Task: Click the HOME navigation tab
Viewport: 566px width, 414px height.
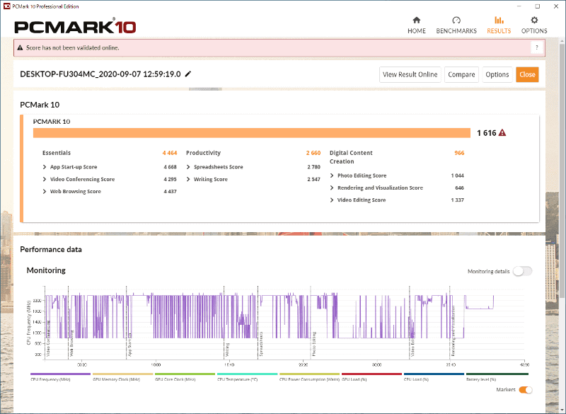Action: [x=417, y=25]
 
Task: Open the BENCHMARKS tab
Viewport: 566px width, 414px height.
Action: [x=456, y=25]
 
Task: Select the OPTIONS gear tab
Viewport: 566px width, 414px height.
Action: [x=534, y=25]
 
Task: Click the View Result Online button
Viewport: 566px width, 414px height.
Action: [x=410, y=74]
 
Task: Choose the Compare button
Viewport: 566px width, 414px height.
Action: [x=461, y=74]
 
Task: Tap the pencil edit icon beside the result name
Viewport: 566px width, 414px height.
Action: [x=188, y=74]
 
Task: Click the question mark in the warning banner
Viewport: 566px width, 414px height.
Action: [x=537, y=47]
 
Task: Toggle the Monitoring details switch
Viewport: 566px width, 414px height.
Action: [x=522, y=271]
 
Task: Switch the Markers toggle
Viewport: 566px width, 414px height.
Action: [x=525, y=389]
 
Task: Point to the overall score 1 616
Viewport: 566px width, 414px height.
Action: [x=486, y=132]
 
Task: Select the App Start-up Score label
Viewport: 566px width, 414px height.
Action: [x=74, y=167]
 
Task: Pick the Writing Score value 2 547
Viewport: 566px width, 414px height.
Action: [x=313, y=179]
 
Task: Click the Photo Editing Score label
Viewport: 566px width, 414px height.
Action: [x=362, y=176]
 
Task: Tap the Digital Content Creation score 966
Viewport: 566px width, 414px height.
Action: [x=459, y=153]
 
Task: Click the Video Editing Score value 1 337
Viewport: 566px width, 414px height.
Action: [x=457, y=200]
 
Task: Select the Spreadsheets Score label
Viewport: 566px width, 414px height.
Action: [x=218, y=167]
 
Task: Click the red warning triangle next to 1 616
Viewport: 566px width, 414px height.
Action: [x=502, y=132]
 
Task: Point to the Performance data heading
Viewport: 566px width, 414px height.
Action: [x=51, y=249]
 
